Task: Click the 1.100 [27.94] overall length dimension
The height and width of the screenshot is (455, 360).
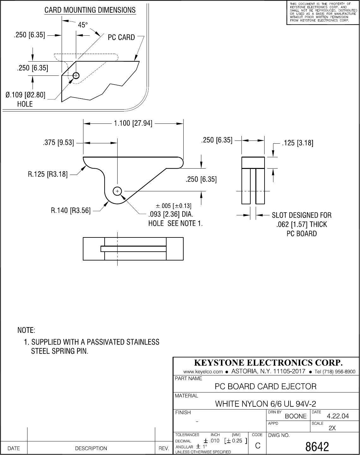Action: click(x=133, y=123)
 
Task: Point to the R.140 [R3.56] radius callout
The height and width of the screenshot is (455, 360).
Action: click(x=71, y=210)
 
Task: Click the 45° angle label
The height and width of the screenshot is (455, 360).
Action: click(x=82, y=25)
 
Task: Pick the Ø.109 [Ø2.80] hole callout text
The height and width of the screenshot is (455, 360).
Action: click(x=26, y=95)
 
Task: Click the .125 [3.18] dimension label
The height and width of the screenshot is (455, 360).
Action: click(x=297, y=143)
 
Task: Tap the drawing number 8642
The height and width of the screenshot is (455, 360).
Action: click(x=317, y=447)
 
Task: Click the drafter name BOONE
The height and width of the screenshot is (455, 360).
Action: click(x=296, y=416)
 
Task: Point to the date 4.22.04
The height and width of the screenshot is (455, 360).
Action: click(x=338, y=416)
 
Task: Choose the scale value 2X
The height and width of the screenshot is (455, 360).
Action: click(x=332, y=428)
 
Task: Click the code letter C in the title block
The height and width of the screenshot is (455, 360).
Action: click(x=258, y=446)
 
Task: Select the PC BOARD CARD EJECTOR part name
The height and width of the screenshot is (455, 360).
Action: click(x=265, y=386)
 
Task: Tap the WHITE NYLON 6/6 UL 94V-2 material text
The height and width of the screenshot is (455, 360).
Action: click(x=265, y=404)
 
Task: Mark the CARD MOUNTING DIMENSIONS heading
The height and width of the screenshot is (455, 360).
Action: click(x=90, y=10)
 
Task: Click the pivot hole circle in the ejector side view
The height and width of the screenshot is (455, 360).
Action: click(x=117, y=191)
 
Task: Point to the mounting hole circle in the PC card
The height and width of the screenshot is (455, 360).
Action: click(x=76, y=75)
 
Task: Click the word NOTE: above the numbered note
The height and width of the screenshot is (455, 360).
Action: click(x=26, y=331)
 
